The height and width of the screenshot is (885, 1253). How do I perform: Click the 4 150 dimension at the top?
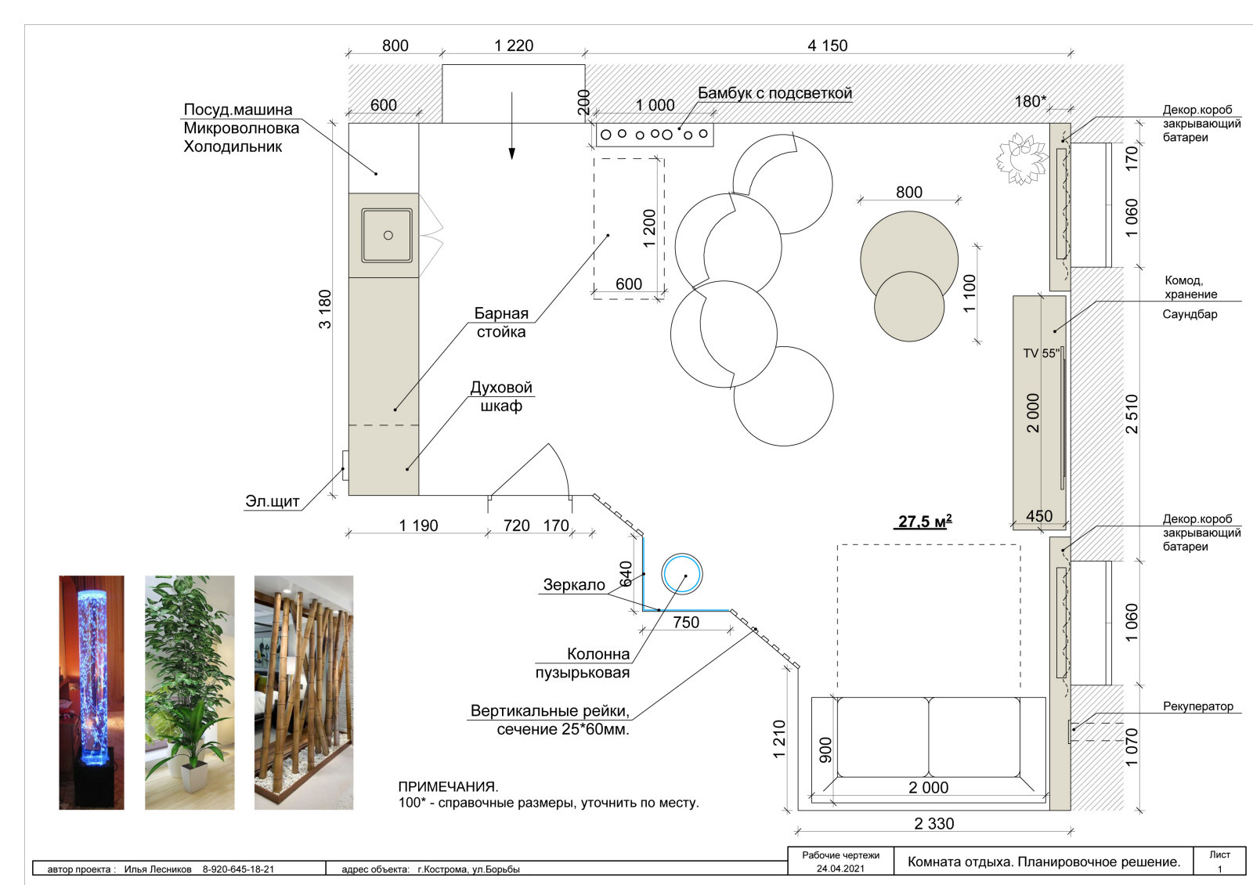827,46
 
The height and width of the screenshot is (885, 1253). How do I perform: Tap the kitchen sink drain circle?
388,236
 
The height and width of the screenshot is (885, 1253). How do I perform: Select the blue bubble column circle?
682,574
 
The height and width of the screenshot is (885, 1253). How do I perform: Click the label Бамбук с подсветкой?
775,93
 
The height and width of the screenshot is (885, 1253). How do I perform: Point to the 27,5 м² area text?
925,522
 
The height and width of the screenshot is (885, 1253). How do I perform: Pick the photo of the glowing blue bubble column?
92,692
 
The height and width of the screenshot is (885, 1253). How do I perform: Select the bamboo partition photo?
304,692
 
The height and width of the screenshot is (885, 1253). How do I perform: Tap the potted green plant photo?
190,692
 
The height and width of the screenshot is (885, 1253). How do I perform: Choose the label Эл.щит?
273,501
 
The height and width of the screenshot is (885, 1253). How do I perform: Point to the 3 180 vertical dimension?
325,309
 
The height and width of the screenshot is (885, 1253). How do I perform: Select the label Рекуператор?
1198,706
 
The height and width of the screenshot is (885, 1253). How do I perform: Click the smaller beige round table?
909,306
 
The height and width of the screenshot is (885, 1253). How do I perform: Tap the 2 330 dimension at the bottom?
934,823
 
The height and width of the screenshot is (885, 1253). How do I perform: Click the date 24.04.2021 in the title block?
840,869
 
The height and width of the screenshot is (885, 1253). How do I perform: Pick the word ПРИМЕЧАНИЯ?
448,786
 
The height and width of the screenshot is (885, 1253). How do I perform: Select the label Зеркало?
574,585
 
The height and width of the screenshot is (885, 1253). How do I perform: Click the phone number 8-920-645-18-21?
238,869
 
